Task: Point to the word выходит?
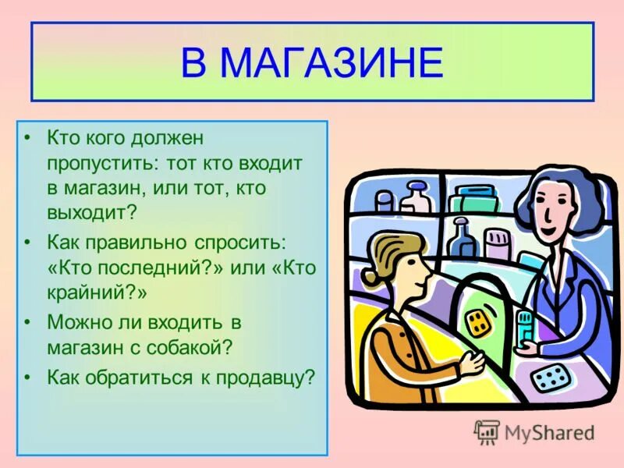pos(91,211)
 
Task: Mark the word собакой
pos(204,346)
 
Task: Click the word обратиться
pos(138,378)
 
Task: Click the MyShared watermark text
pos(548,432)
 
